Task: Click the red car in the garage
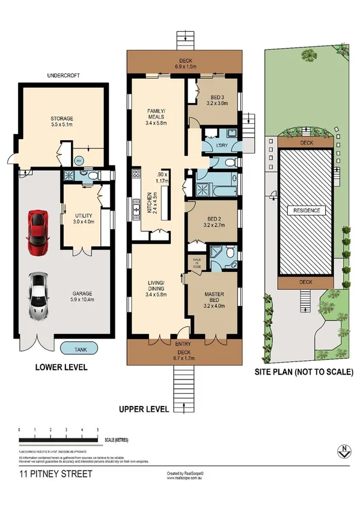pyautogui.click(x=38, y=233)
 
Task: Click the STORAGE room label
pyautogui.click(x=62, y=118)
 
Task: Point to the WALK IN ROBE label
pyautogui.click(x=197, y=262)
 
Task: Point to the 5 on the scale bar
pyautogui.click(x=98, y=430)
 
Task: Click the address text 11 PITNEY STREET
pyautogui.click(x=56, y=475)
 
